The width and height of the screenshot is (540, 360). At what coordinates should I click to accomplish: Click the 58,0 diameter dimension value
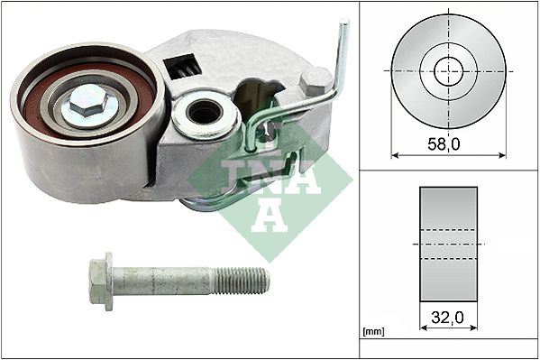pos(444,144)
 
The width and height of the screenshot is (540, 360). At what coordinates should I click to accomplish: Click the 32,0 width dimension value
pos(447,318)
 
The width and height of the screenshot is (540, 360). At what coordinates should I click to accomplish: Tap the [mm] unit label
pos(373,332)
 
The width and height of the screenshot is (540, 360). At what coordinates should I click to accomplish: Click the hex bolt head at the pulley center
pos(88,100)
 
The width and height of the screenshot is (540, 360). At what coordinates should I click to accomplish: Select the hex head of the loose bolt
pos(97,282)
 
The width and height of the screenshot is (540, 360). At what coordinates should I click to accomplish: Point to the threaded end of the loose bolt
pos(242,281)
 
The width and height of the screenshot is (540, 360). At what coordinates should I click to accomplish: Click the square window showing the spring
pos(182,66)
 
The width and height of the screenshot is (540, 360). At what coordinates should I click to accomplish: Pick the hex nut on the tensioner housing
pos(316,81)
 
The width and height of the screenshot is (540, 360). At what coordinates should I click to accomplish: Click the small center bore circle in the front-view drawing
pos(448,71)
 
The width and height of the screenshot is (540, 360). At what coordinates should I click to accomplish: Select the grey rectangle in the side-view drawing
pos(448,245)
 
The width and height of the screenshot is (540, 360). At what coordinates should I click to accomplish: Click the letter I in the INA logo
pos(233,177)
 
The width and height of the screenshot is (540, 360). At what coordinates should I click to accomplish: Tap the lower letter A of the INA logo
pos(270,216)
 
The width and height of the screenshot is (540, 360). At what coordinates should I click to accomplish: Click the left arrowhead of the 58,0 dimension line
pos(395,155)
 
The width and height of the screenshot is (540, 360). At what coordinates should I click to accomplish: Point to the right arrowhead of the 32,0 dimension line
pos(474,328)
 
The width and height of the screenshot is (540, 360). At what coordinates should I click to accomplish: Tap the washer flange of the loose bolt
pos(109,282)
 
